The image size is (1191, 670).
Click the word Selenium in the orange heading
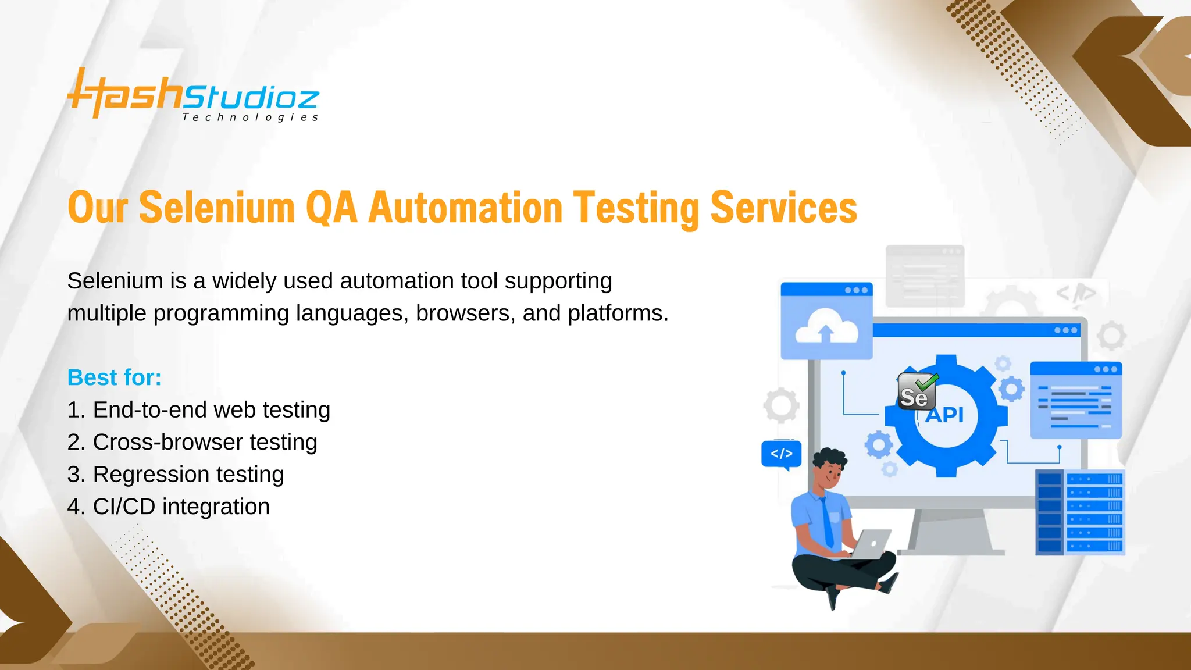tap(216, 208)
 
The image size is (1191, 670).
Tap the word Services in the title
tap(783, 208)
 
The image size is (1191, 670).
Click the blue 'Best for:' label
tap(114, 377)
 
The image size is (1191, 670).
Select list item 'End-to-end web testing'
tap(199, 410)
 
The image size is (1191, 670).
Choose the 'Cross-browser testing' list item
tap(192, 442)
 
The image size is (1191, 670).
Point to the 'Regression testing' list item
tap(176, 475)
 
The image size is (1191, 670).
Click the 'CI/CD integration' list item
tap(169, 507)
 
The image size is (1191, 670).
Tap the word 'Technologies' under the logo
tap(250, 117)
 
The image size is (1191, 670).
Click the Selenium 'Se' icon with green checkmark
tap(917, 392)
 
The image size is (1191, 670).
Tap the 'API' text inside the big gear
tap(945, 415)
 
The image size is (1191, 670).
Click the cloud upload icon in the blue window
tap(826, 327)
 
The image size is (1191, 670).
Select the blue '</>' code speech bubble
tap(781, 454)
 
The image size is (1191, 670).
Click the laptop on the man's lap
tap(872, 544)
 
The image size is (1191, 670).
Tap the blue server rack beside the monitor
tap(1080, 512)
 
